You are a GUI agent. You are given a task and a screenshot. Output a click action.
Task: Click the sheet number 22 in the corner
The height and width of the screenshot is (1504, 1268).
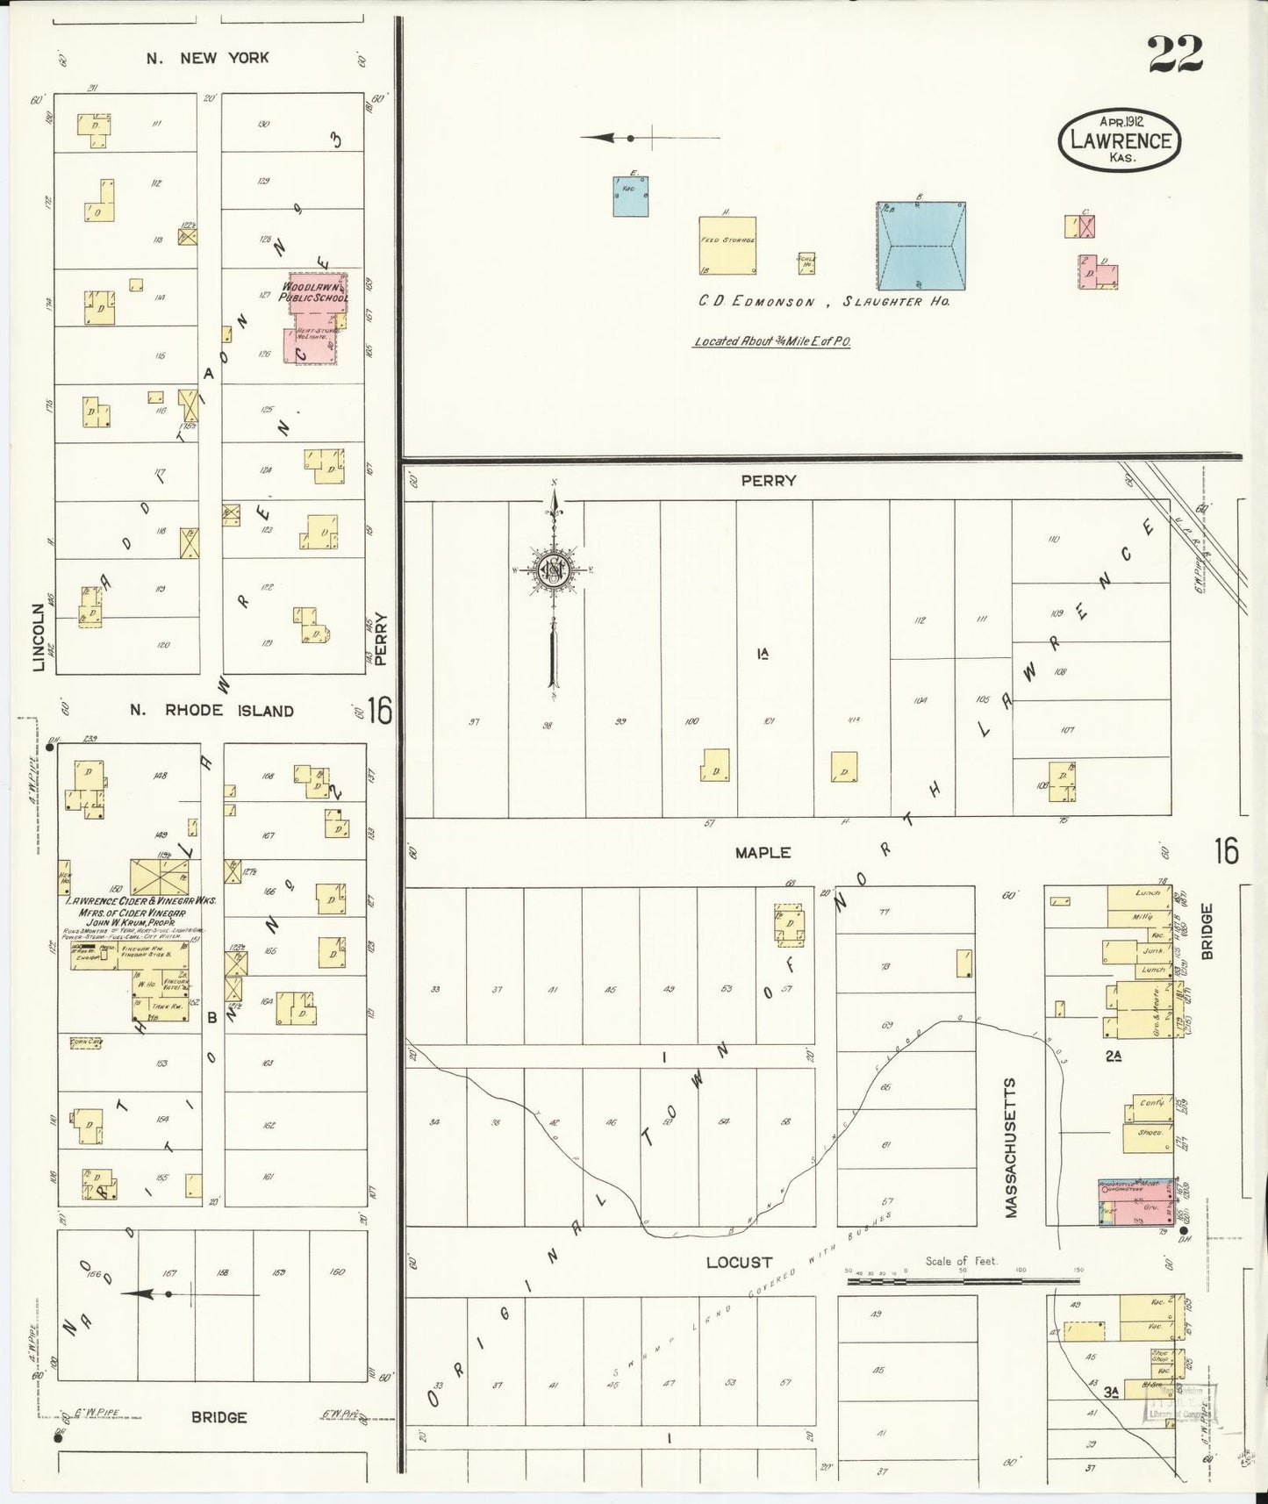click(x=1174, y=54)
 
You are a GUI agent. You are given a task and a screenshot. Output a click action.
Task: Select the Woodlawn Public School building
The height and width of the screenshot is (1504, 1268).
click(x=314, y=318)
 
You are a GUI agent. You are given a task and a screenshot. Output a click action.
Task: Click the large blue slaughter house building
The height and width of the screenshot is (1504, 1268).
click(x=921, y=246)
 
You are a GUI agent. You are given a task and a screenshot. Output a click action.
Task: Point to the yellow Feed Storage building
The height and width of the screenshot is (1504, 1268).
click(x=727, y=246)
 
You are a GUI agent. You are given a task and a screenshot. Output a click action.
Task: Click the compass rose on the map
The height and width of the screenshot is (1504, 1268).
click(x=554, y=571)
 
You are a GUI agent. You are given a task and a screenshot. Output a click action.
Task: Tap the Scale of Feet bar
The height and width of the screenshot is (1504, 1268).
click(x=963, y=1281)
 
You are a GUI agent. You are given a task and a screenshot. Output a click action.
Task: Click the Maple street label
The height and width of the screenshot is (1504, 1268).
click(x=763, y=852)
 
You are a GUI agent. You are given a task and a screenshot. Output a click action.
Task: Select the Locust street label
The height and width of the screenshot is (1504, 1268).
click(x=739, y=1262)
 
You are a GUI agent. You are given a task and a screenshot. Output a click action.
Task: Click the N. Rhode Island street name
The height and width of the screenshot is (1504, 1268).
click(x=211, y=711)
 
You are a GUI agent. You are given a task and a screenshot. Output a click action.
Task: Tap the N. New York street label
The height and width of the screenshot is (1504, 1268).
click(x=208, y=58)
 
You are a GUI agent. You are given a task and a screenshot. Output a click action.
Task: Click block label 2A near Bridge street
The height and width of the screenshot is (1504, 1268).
click(x=1113, y=1056)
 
